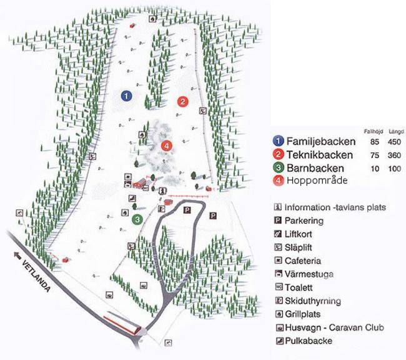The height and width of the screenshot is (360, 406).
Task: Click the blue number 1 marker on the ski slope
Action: click(126, 96)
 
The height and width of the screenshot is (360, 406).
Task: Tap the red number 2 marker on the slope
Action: click(182, 101)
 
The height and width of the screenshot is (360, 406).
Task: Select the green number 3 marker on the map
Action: click(137, 219)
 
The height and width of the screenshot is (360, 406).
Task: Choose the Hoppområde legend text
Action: click(317, 181)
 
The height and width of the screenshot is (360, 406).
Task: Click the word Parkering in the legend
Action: click(304, 220)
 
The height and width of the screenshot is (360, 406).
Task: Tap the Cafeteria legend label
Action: click(304, 260)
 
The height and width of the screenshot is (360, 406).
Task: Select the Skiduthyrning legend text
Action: click(313, 301)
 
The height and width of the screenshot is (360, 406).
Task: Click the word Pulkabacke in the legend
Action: click(308, 341)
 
